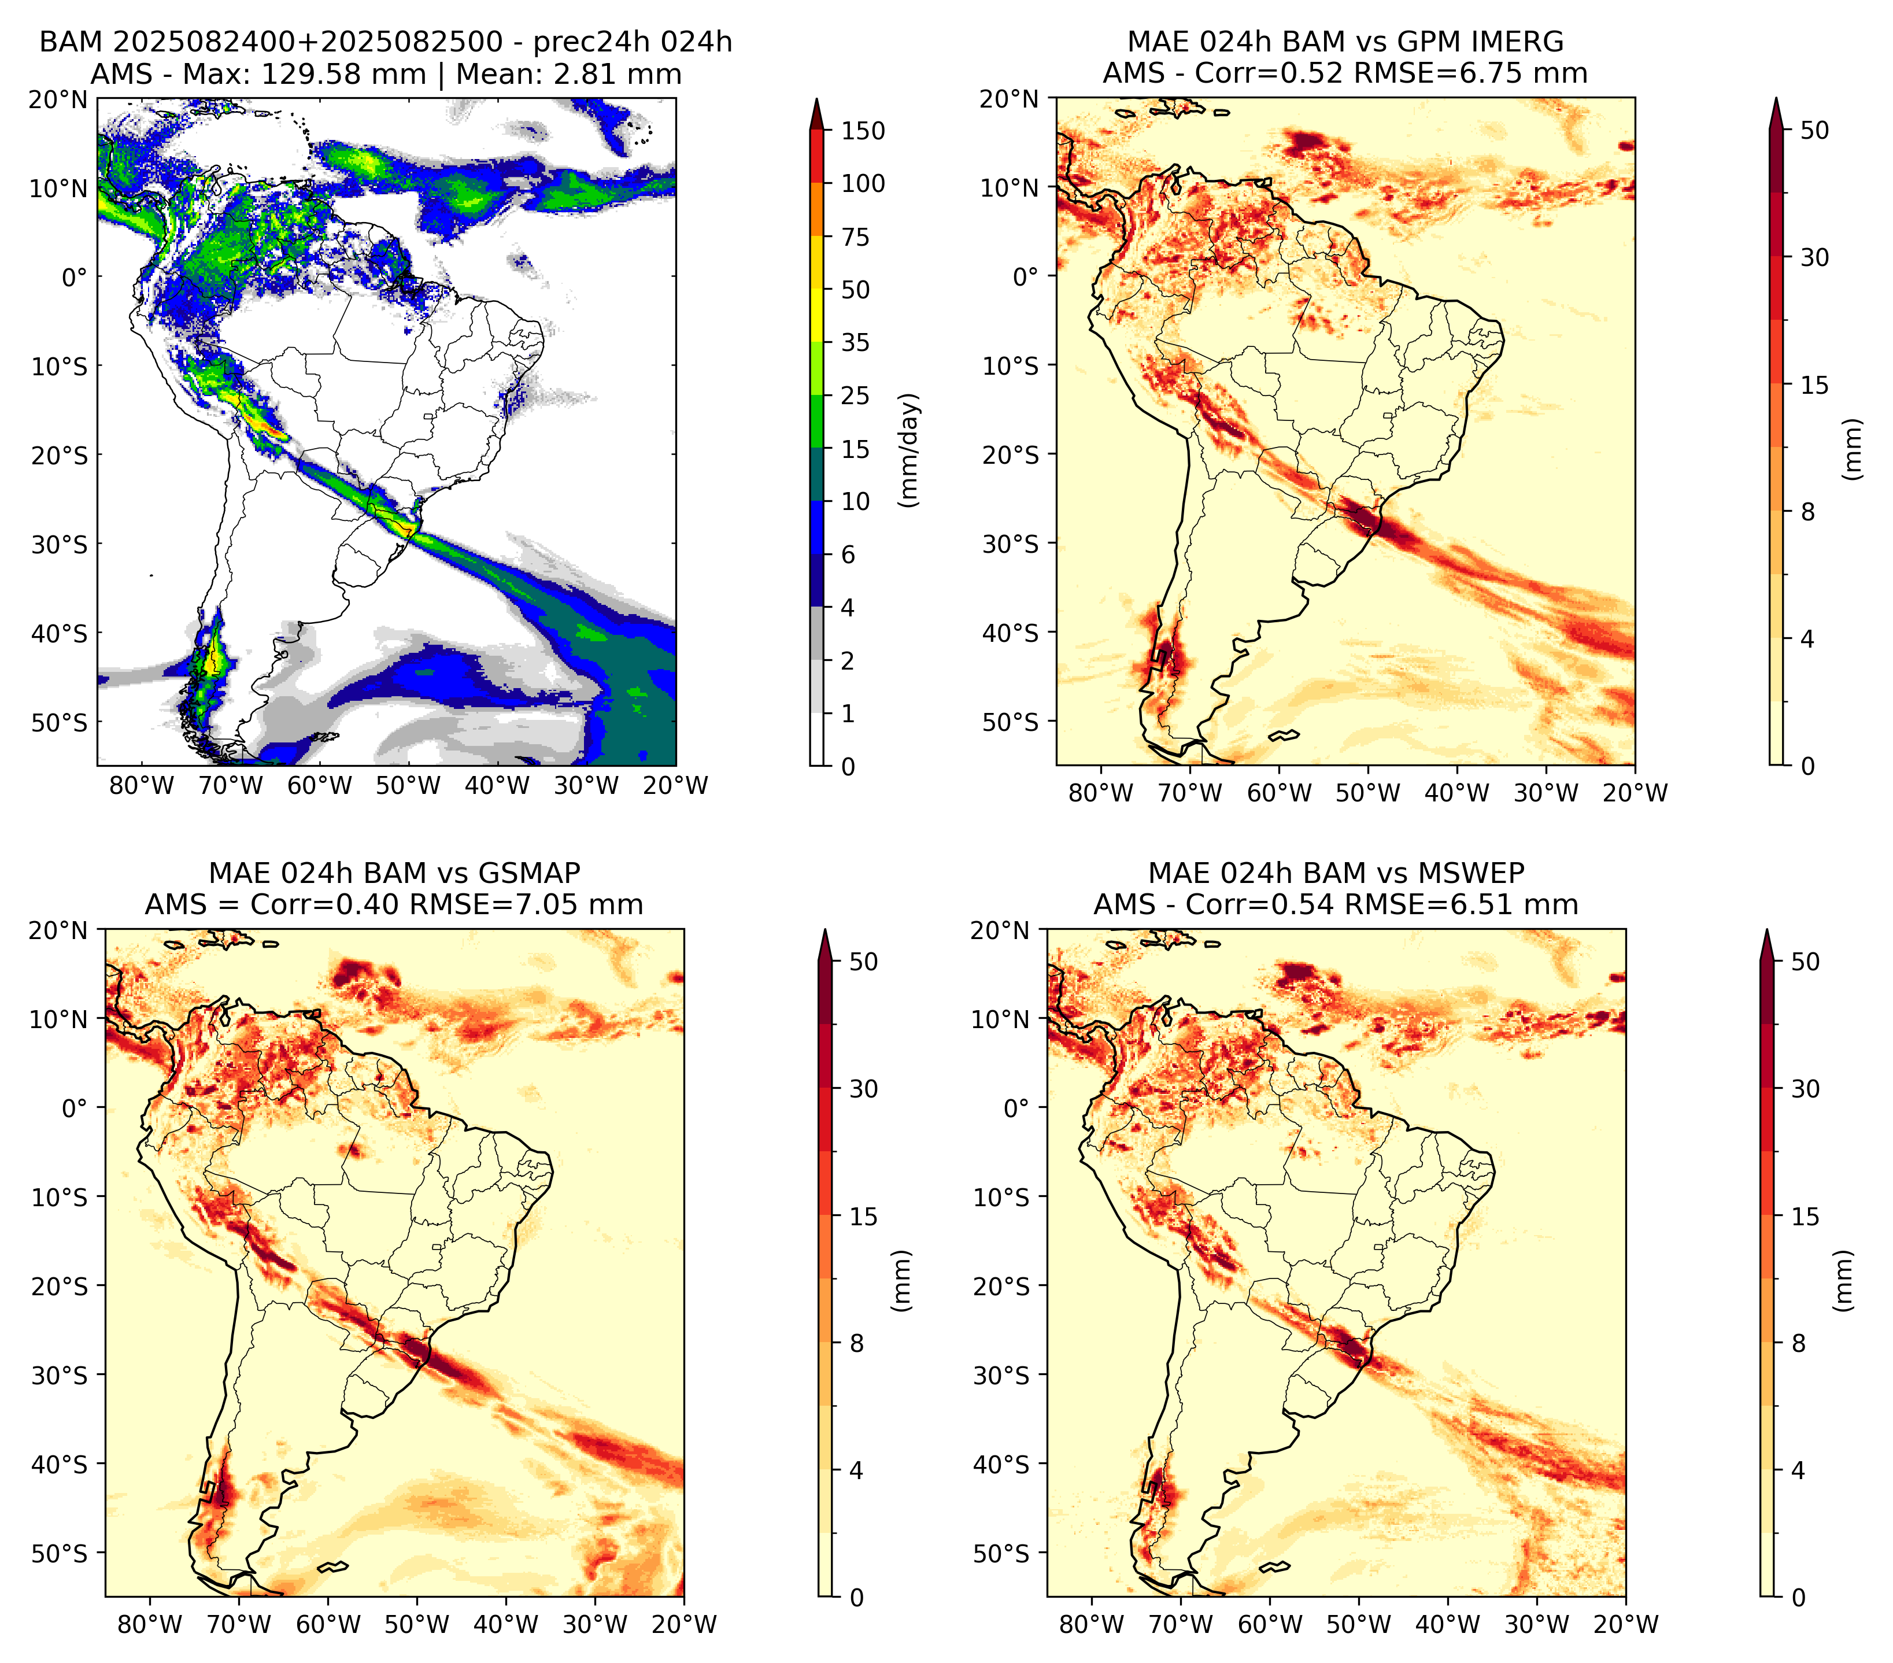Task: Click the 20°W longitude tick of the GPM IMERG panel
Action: click(1635, 793)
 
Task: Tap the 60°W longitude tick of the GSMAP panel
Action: click(329, 1624)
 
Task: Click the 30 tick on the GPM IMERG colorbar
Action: click(1815, 257)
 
